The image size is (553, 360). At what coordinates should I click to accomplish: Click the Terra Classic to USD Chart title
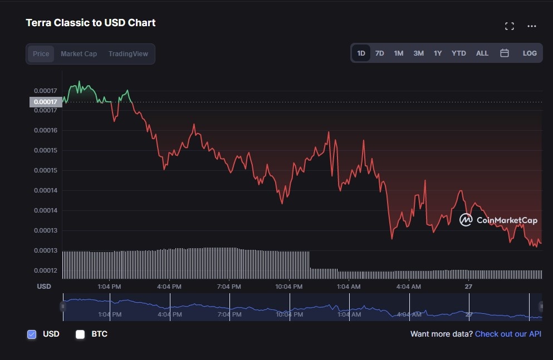coord(91,23)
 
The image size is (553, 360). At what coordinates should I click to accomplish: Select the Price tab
coord(41,54)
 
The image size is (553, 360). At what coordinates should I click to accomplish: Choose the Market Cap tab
coord(79,54)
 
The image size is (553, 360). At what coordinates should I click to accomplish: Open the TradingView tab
coord(128,54)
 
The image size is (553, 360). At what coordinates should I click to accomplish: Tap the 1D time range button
coord(361,53)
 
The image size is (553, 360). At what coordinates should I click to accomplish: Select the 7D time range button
coord(379,53)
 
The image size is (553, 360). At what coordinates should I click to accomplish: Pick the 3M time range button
coord(418,53)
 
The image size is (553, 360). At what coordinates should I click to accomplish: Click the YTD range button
coord(458,53)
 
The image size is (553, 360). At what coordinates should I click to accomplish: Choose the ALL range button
coord(482,53)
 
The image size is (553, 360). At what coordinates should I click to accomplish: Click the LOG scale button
coord(530,53)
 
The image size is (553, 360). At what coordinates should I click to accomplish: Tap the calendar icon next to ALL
coord(505,53)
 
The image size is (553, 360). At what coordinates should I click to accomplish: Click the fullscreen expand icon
coord(509,26)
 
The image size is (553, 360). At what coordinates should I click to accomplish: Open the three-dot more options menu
coord(532,26)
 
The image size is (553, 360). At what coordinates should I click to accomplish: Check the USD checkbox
coord(32,334)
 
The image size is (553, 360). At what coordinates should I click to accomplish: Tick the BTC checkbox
coord(80,334)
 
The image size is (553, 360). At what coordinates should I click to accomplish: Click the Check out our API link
coord(508,334)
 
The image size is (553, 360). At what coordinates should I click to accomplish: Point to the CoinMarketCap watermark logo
coord(498,220)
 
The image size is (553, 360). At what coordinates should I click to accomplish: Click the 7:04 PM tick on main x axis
coord(229,287)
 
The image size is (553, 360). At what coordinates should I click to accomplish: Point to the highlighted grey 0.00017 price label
coord(46,102)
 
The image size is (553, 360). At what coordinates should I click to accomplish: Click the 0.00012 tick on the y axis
coord(45,270)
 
